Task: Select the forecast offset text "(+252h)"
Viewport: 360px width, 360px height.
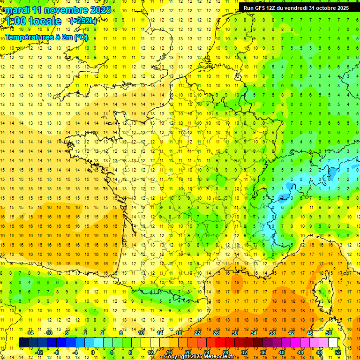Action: click(83, 21)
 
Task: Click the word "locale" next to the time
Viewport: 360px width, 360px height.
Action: click(45, 21)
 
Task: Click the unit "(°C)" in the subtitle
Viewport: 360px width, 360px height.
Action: click(79, 37)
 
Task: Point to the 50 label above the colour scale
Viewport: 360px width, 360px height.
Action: click(329, 333)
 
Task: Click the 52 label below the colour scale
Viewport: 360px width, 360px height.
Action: click(338, 352)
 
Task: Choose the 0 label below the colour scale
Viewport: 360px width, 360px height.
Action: click(93, 352)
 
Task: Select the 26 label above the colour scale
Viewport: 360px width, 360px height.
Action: click(216, 333)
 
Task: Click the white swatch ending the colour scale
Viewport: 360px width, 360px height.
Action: click(333, 343)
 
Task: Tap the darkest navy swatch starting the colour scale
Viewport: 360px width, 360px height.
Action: click(23, 343)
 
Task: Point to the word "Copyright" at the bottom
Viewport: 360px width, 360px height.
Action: click(176, 357)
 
